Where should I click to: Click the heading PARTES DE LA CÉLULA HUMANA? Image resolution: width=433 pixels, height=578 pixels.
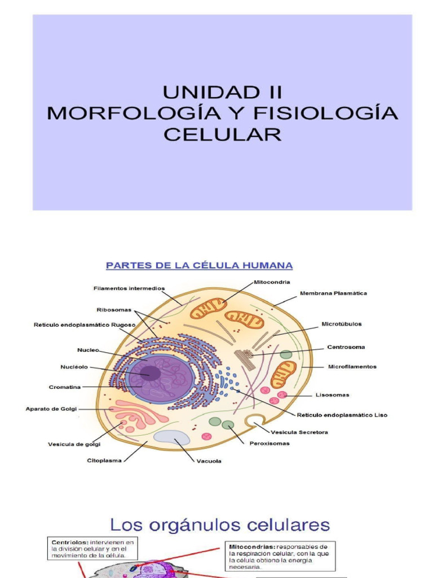(200, 265)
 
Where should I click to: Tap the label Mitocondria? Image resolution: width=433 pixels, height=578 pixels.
(272, 281)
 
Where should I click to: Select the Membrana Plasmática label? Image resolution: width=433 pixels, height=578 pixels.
(333, 294)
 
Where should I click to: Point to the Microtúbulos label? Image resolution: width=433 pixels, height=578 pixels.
(342, 324)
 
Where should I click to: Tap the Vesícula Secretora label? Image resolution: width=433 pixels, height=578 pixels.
(299, 432)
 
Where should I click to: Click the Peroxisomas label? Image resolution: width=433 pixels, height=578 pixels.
(269, 443)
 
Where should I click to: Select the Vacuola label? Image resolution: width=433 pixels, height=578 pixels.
(209, 461)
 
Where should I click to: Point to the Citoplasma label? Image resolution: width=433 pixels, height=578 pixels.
(104, 461)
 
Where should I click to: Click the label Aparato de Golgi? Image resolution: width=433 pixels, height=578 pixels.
(51, 408)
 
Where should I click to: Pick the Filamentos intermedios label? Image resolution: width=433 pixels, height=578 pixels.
(129, 288)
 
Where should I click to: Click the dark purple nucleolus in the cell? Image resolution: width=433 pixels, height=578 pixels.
(150, 373)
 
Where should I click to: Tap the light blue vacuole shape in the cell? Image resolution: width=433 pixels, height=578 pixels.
(171, 437)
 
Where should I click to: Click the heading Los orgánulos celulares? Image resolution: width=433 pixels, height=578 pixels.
(220, 525)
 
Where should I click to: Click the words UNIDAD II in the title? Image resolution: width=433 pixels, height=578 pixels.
(222, 92)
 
